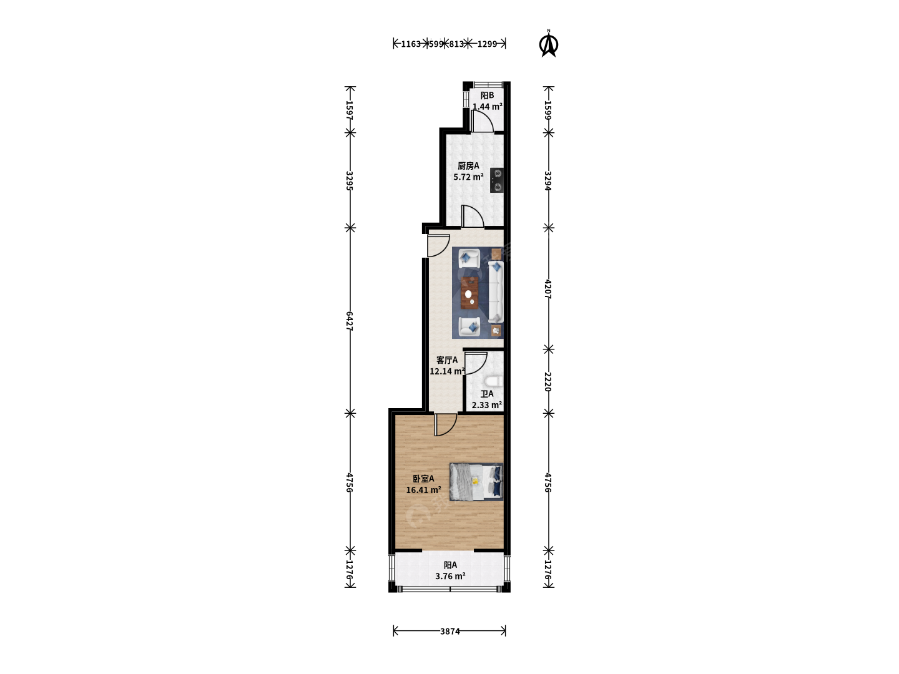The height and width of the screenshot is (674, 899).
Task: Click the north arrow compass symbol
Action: [x=548, y=44]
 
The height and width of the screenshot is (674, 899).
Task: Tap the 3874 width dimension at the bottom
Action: [x=449, y=631]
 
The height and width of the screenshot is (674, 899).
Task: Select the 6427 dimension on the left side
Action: [x=350, y=321]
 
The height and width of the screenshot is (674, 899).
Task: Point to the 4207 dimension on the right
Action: [x=548, y=289]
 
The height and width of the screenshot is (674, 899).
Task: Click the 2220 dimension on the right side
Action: [x=548, y=381]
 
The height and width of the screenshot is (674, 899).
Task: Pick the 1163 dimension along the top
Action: [x=411, y=44]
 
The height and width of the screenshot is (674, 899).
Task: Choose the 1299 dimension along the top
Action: [x=487, y=44]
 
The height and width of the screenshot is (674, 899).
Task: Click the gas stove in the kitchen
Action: [x=497, y=180]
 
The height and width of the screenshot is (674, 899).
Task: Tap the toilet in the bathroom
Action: [x=494, y=381]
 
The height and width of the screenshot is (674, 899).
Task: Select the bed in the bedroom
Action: [x=476, y=482]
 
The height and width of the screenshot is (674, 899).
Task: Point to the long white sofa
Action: [x=495, y=292]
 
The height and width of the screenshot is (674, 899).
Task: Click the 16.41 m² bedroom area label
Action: [x=423, y=490]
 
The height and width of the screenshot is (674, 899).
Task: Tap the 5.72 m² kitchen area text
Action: [x=468, y=177]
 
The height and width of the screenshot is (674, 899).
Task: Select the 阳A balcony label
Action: [x=450, y=565]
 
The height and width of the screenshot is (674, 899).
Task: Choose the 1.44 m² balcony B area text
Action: [x=488, y=106]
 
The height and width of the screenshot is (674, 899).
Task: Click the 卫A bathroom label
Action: [x=487, y=394]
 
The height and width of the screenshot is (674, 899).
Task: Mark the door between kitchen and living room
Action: [x=473, y=216]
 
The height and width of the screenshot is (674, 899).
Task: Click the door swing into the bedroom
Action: [x=446, y=425]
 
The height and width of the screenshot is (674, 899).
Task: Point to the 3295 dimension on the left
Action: [x=350, y=180]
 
